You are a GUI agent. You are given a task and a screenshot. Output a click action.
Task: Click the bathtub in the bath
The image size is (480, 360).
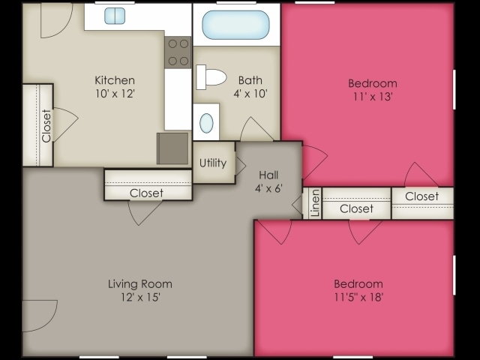pos(235,25)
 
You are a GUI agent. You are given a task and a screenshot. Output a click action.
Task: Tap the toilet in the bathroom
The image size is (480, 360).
pos(212,76)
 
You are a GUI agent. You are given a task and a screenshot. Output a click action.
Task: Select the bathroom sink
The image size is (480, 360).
pos(205,122)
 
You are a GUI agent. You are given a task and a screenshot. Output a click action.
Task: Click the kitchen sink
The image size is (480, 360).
pos(115,16)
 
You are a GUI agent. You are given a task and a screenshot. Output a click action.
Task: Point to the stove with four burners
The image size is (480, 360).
pos(178,52)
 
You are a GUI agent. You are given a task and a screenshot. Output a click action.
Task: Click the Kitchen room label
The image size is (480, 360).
pos(115,80)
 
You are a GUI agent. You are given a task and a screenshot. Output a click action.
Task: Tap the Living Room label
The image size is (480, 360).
pos(140,283)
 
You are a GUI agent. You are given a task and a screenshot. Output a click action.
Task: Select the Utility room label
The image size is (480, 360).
pos(213,163)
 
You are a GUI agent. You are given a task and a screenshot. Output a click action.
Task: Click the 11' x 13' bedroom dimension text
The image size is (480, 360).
pos(373,97)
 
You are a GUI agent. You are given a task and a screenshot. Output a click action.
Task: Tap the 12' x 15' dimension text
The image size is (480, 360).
pos(140,297)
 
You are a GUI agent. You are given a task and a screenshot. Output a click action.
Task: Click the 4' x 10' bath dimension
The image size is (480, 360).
pos(249,94)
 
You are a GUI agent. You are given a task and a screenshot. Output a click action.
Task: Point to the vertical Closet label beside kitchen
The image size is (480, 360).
pos(46,125)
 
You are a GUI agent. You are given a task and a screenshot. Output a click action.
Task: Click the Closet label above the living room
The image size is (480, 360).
pos(146,193)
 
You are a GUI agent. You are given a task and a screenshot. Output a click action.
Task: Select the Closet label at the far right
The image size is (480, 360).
pos(421,196)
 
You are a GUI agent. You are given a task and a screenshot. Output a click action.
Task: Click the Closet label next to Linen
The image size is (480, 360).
pos(356,208)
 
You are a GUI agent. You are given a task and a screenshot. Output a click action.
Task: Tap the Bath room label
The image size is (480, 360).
pos(249,80)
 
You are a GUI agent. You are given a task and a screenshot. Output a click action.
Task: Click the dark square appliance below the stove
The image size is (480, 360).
pos(172,148)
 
